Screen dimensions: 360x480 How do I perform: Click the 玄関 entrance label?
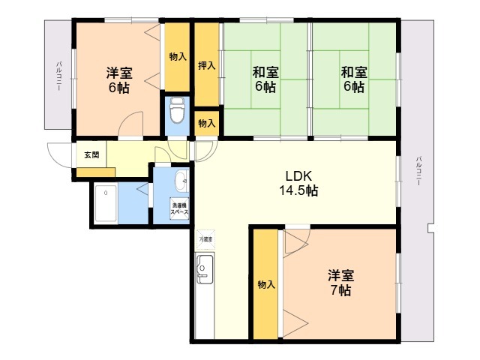pos(90,155)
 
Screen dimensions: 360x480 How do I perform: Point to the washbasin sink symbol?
pos(180,181)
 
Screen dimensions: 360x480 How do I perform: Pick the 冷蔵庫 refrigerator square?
pos(205,238)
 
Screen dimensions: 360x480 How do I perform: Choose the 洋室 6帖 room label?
pos(119,79)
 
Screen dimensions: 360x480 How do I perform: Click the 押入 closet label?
pos(207,66)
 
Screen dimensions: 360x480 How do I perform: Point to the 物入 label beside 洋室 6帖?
pos(178,57)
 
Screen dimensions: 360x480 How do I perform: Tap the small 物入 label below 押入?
pos(207,123)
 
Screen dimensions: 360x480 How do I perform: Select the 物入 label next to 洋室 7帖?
pos(265,284)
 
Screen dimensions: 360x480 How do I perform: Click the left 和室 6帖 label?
pos(265,79)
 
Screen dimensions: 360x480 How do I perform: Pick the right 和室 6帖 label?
pos(354,79)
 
